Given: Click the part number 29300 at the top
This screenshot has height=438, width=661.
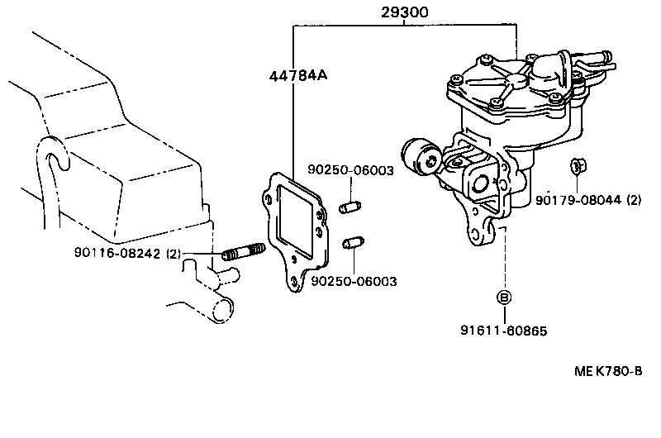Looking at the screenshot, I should [404, 13].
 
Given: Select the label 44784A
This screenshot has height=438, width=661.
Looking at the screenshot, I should [298, 77].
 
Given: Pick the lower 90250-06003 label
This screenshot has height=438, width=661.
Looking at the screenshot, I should [354, 281].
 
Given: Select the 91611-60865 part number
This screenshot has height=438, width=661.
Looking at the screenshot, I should [504, 331].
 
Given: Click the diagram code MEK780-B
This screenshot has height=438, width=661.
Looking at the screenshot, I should [608, 371].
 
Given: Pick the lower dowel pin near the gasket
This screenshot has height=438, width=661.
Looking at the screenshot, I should [350, 244].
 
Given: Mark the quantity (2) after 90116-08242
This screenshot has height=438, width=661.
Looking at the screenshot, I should [174, 253].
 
